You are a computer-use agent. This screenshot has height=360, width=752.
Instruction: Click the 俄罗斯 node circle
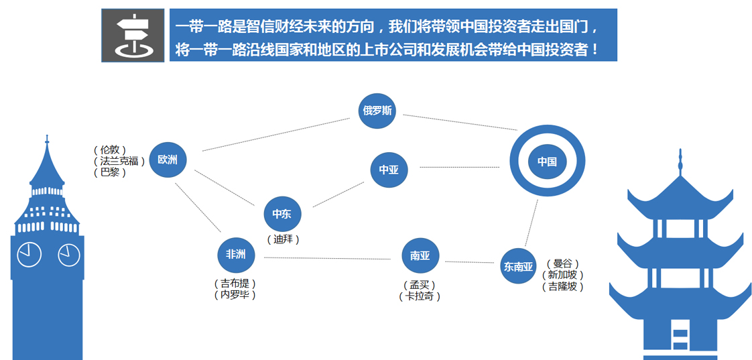click(x=377, y=111)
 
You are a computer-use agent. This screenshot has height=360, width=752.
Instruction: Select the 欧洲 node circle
click(x=168, y=160)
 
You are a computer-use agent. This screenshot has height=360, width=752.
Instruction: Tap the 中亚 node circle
click(x=389, y=170)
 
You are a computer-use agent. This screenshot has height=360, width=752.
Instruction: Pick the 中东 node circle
click(x=282, y=214)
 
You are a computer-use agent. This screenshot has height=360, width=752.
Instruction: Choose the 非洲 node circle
click(x=236, y=254)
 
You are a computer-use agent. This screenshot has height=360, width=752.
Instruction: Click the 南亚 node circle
click(x=420, y=255)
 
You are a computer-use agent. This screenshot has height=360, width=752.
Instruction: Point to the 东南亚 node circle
click(x=519, y=266)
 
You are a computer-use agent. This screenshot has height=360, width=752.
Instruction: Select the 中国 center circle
click(x=547, y=162)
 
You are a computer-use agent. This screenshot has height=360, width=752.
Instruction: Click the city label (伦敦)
click(x=110, y=149)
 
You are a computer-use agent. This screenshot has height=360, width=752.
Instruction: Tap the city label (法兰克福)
click(x=119, y=162)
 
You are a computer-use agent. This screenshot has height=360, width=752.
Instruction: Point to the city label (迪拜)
click(x=283, y=239)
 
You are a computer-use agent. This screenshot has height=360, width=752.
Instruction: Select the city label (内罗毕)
click(x=235, y=295)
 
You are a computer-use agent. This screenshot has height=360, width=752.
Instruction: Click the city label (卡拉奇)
click(x=420, y=296)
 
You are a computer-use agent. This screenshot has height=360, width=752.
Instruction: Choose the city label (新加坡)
click(x=563, y=276)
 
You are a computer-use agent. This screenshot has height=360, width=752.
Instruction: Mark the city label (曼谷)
click(x=563, y=264)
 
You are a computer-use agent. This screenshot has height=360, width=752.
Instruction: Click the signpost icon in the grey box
click(x=133, y=35)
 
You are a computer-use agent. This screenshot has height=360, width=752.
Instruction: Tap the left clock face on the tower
click(x=29, y=254)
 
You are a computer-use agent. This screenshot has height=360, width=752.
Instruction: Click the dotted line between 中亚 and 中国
click(x=460, y=167)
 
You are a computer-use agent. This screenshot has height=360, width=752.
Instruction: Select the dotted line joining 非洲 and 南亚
click(x=328, y=259)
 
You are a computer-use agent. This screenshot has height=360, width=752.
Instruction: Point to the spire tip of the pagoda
click(x=680, y=149)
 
